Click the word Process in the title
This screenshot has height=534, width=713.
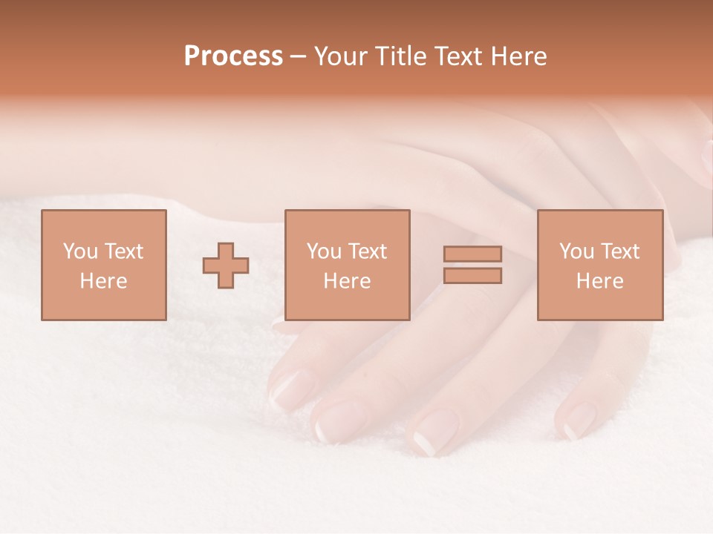click(x=233, y=56)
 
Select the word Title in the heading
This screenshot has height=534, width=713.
click(x=400, y=56)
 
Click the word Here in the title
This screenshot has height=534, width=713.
click(x=519, y=56)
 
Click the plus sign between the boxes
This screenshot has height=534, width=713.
click(x=226, y=266)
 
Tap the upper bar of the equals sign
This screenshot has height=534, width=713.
click(x=472, y=254)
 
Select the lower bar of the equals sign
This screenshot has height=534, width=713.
click(x=472, y=276)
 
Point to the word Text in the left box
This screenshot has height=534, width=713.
click(x=123, y=251)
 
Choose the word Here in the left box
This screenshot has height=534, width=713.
click(x=103, y=281)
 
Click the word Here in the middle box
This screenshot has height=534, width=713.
click(x=347, y=281)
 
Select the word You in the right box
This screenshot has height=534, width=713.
click(x=576, y=251)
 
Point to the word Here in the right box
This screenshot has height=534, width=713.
click(x=599, y=281)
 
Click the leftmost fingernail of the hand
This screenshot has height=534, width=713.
click(x=286, y=389)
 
